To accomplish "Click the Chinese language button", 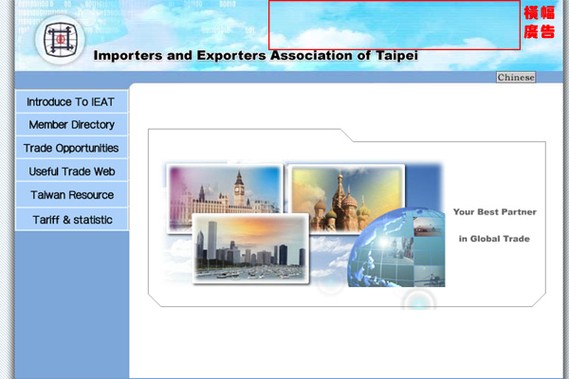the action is click(516, 78).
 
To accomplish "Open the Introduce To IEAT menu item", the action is click(71, 102).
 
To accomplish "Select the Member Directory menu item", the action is click(71, 125).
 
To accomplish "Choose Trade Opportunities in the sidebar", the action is click(71, 148).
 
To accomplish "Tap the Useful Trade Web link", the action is click(71, 171).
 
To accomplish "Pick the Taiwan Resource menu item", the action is click(71, 195).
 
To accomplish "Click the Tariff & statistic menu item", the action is click(71, 220).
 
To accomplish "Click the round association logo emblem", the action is click(61, 40).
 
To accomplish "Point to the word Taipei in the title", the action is click(396, 56).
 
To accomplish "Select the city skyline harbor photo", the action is click(250, 248).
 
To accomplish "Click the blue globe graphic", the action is click(396, 247).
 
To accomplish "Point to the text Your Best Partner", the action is click(495, 212).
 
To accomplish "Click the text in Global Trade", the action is click(494, 239).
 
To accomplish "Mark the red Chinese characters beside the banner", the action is click(540, 22).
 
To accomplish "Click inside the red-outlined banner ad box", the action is click(395, 25).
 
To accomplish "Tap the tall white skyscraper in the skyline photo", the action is click(212, 241).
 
